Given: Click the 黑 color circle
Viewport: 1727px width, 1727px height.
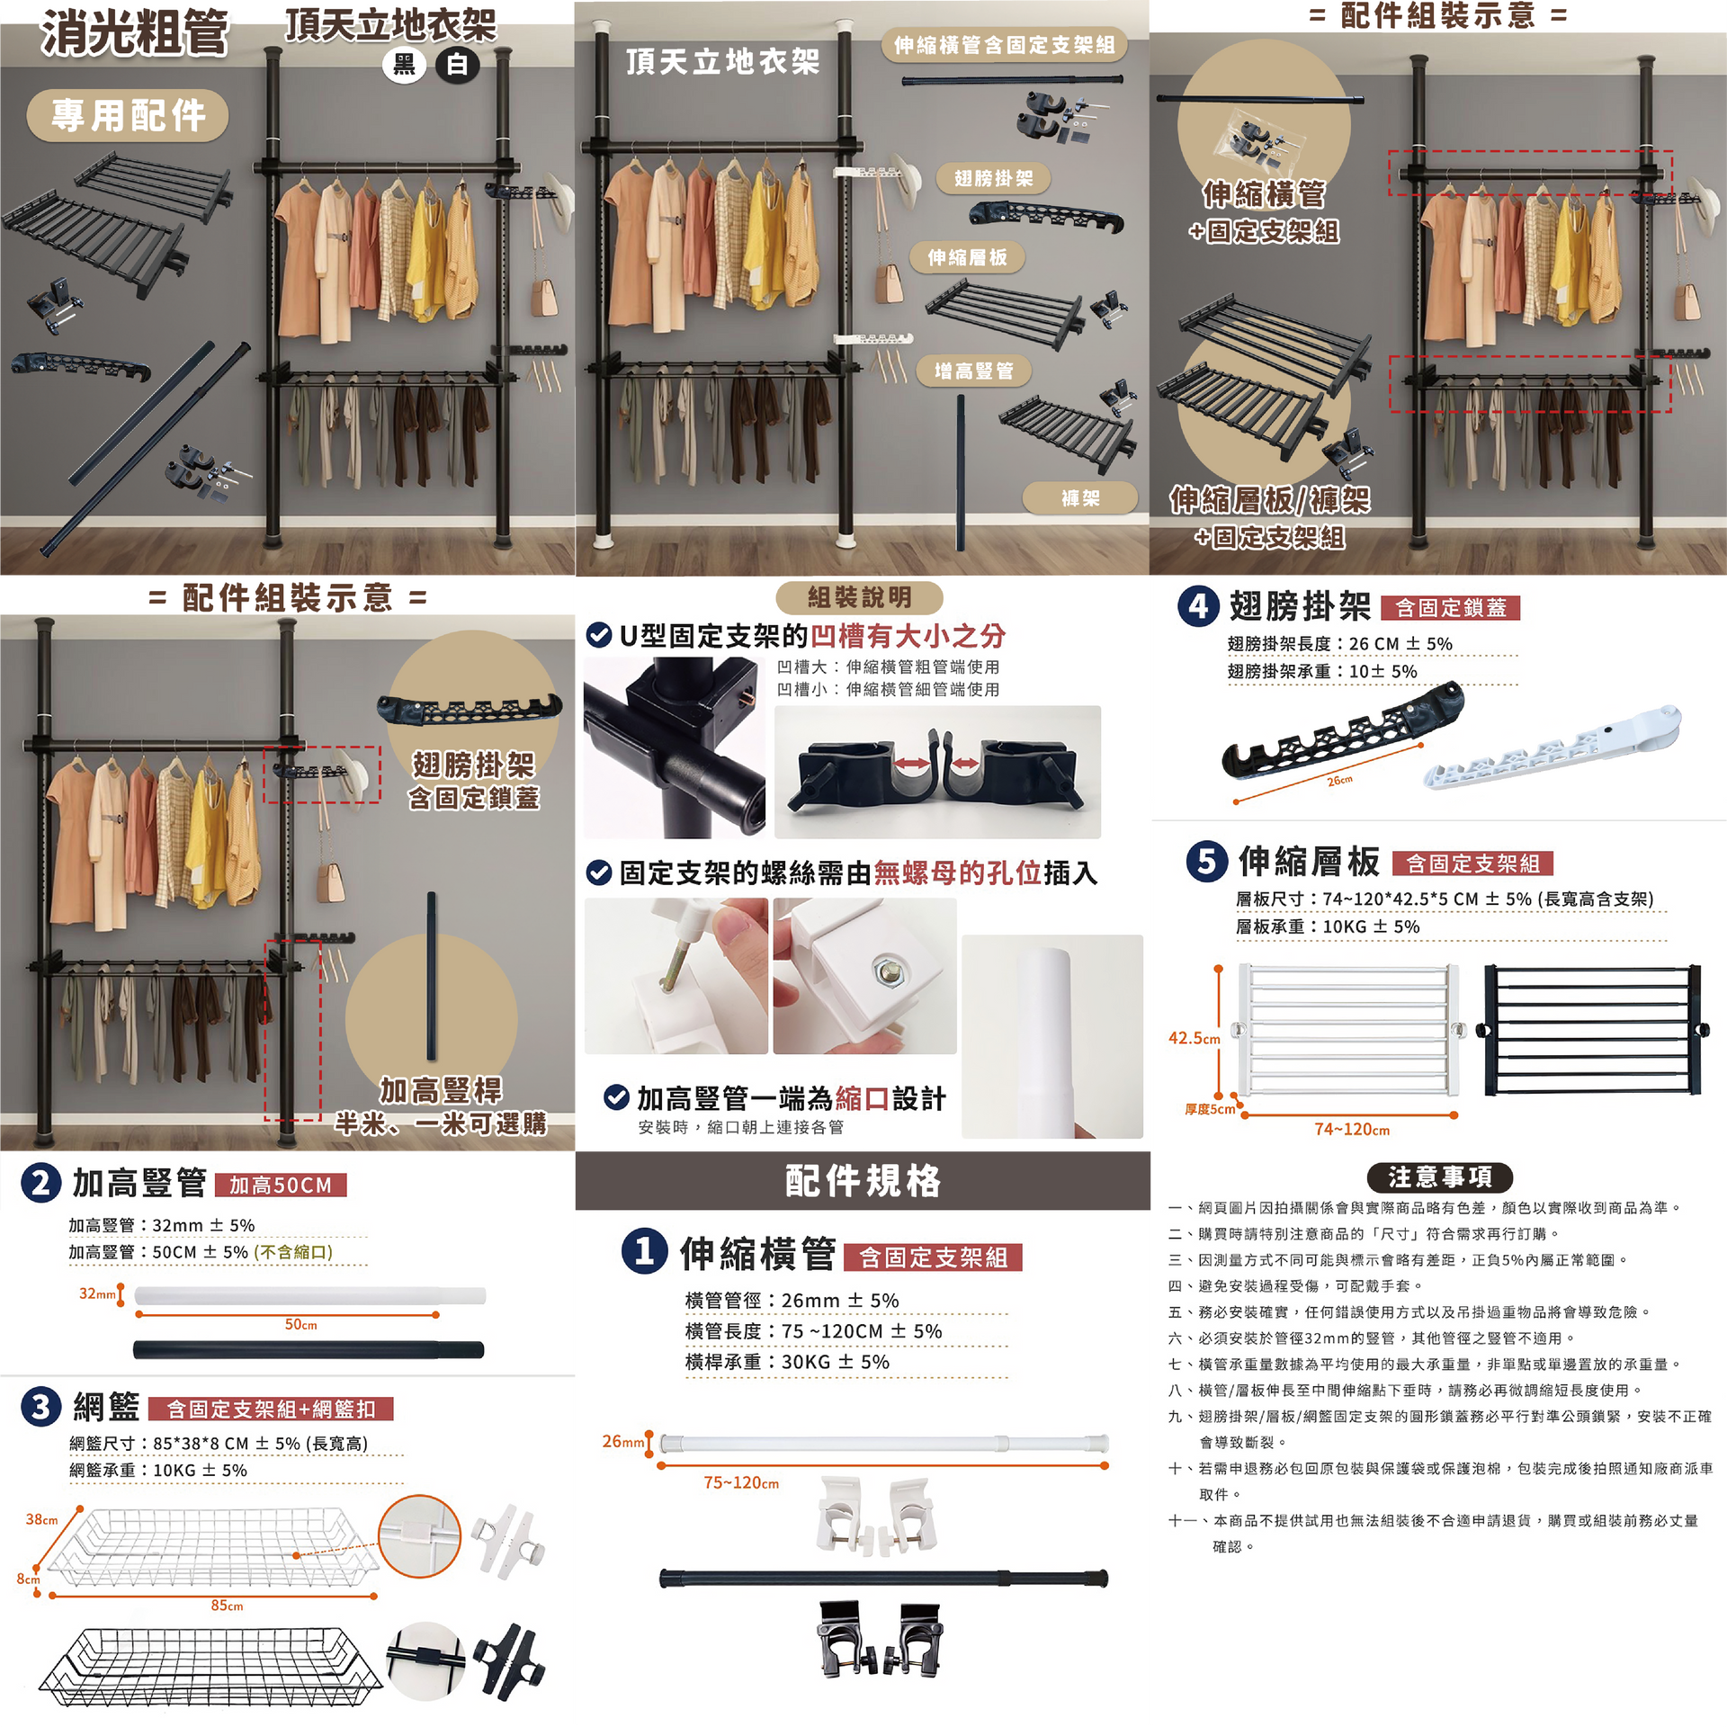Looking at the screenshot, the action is coord(404,65).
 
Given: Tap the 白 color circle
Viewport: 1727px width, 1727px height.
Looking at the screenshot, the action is coord(458,65).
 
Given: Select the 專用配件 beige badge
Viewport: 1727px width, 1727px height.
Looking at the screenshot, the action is coord(128,115).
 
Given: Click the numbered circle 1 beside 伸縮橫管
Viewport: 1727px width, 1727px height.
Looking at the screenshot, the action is coord(645,1251).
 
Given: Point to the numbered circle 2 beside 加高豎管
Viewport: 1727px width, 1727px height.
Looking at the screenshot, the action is coord(40,1183).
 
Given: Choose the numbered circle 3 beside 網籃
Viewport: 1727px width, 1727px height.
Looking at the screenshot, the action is coord(40,1406).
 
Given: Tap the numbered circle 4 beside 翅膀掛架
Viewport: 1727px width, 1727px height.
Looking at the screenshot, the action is coord(1199,606).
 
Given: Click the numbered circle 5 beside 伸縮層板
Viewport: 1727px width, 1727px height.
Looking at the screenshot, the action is coord(1207,861).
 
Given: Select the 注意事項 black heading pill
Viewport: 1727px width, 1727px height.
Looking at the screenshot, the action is coord(1439,1177).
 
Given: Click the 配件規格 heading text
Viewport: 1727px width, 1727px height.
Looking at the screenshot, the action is coord(863,1180).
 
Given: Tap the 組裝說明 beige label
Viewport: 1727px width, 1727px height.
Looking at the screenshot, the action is coord(859,597).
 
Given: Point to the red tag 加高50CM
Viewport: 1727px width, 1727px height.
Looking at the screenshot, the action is coord(281,1185).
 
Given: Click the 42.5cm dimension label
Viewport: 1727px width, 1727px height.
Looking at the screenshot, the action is coord(1194,1038).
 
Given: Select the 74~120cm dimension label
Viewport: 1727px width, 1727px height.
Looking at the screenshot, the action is coord(1352,1129).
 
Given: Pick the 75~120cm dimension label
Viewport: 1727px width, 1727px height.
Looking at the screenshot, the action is coord(741,1482).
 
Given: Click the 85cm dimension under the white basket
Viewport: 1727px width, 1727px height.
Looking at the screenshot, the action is coord(227,1606).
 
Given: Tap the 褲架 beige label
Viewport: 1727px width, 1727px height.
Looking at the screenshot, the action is coord(1080,497).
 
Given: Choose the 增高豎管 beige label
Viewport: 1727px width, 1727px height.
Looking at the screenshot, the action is coord(973,371).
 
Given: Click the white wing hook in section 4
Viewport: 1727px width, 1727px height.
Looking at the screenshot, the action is coord(1552,746).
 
